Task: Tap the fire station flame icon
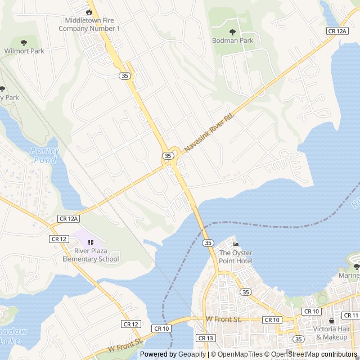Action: (89, 12)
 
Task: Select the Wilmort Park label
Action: (24, 51)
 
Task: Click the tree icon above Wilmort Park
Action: (24, 42)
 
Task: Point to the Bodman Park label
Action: (233, 40)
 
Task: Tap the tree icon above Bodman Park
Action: (233, 32)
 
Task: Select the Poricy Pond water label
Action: (44, 155)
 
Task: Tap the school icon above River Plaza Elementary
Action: (91, 242)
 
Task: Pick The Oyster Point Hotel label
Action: (236, 256)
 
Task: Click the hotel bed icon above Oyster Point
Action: (236, 244)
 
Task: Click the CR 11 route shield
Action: (350, 316)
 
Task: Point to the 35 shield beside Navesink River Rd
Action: (168, 155)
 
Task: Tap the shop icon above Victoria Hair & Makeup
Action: (331, 321)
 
